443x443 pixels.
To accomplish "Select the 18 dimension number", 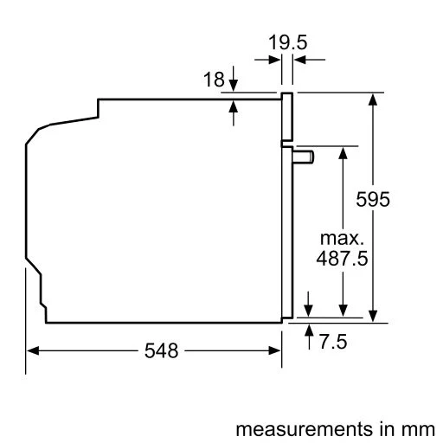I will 214,80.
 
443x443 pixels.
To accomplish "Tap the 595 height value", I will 374,199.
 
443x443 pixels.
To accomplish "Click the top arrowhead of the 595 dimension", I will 373,98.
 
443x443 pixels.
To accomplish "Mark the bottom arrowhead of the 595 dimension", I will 373,315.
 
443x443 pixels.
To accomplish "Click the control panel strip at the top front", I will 286,118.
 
